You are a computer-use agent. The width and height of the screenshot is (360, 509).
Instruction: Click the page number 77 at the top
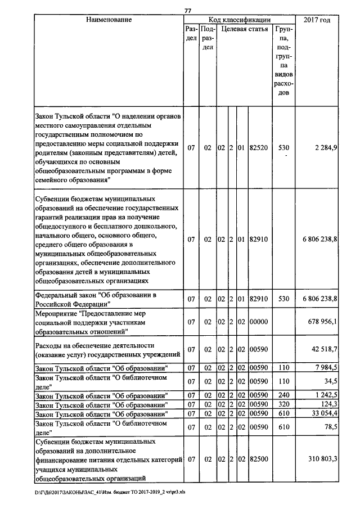(188, 10)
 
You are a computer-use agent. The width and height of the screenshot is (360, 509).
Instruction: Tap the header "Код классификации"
(239, 20)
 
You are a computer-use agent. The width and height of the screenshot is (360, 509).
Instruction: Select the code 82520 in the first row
(259, 147)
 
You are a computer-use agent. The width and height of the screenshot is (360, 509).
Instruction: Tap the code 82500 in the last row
(259, 460)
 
